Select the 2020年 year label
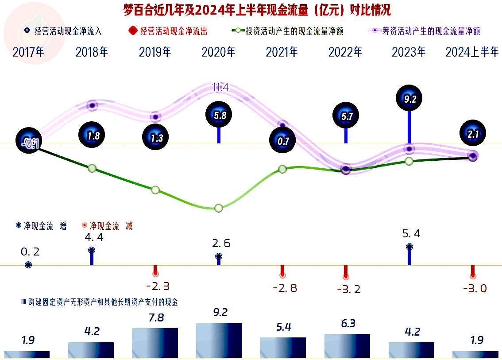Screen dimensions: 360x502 coord(219,52)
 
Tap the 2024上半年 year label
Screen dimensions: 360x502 coord(472,52)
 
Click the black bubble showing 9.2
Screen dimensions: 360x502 coord(409,99)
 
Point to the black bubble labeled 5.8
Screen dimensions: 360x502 coord(219,116)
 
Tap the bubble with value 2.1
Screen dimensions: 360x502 coord(472,133)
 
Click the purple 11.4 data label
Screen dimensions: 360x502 coord(220,88)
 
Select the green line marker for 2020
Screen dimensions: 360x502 coord(219,208)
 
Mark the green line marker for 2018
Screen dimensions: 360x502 coord(92,168)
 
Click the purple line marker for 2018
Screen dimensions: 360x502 coord(92,105)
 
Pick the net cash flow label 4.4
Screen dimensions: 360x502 coord(94,237)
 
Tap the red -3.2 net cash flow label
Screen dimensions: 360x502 coord(349,290)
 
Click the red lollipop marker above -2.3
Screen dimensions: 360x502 coord(155,274)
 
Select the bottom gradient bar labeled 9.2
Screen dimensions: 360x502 coord(219,341)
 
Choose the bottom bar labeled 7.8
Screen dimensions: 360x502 coord(155,343)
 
